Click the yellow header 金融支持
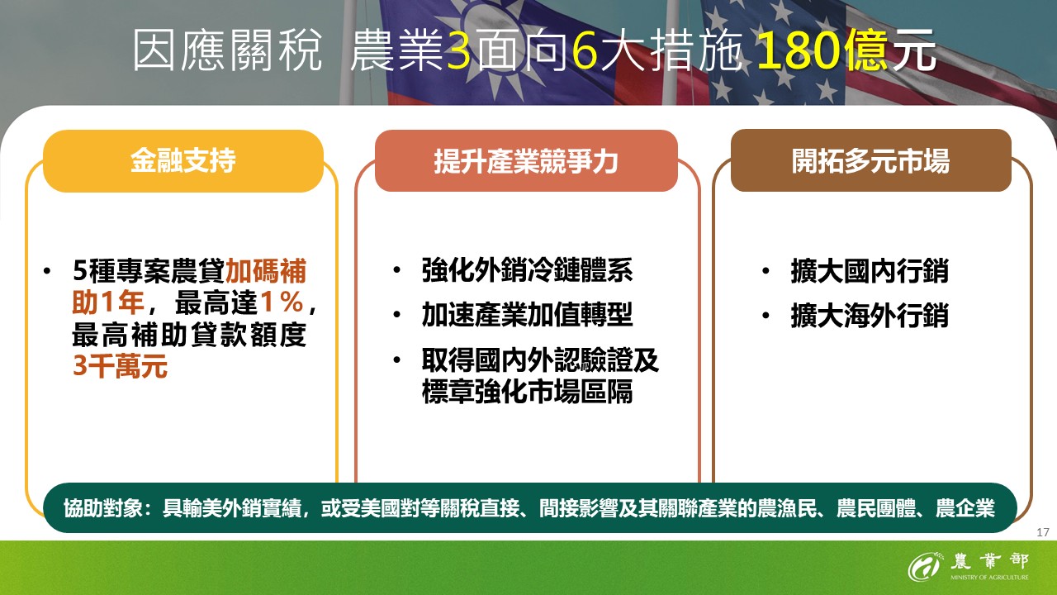[x=182, y=160]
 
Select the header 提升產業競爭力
[x=526, y=161]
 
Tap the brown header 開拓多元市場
[x=870, y=160]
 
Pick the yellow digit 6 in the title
[x=583, y=52]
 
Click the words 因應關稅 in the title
[x=226, y=52]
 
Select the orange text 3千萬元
[x=121, y=366]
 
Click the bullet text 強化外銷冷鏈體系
[x=527, y=271]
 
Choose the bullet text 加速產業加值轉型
[x=527, y=315]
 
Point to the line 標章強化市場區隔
[x=527, y=391]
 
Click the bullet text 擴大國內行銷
[x=869, y=271]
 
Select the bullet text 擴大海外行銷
[x=869, y=316]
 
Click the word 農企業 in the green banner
[x=965, y=507]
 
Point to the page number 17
[x=1041, y=532]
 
